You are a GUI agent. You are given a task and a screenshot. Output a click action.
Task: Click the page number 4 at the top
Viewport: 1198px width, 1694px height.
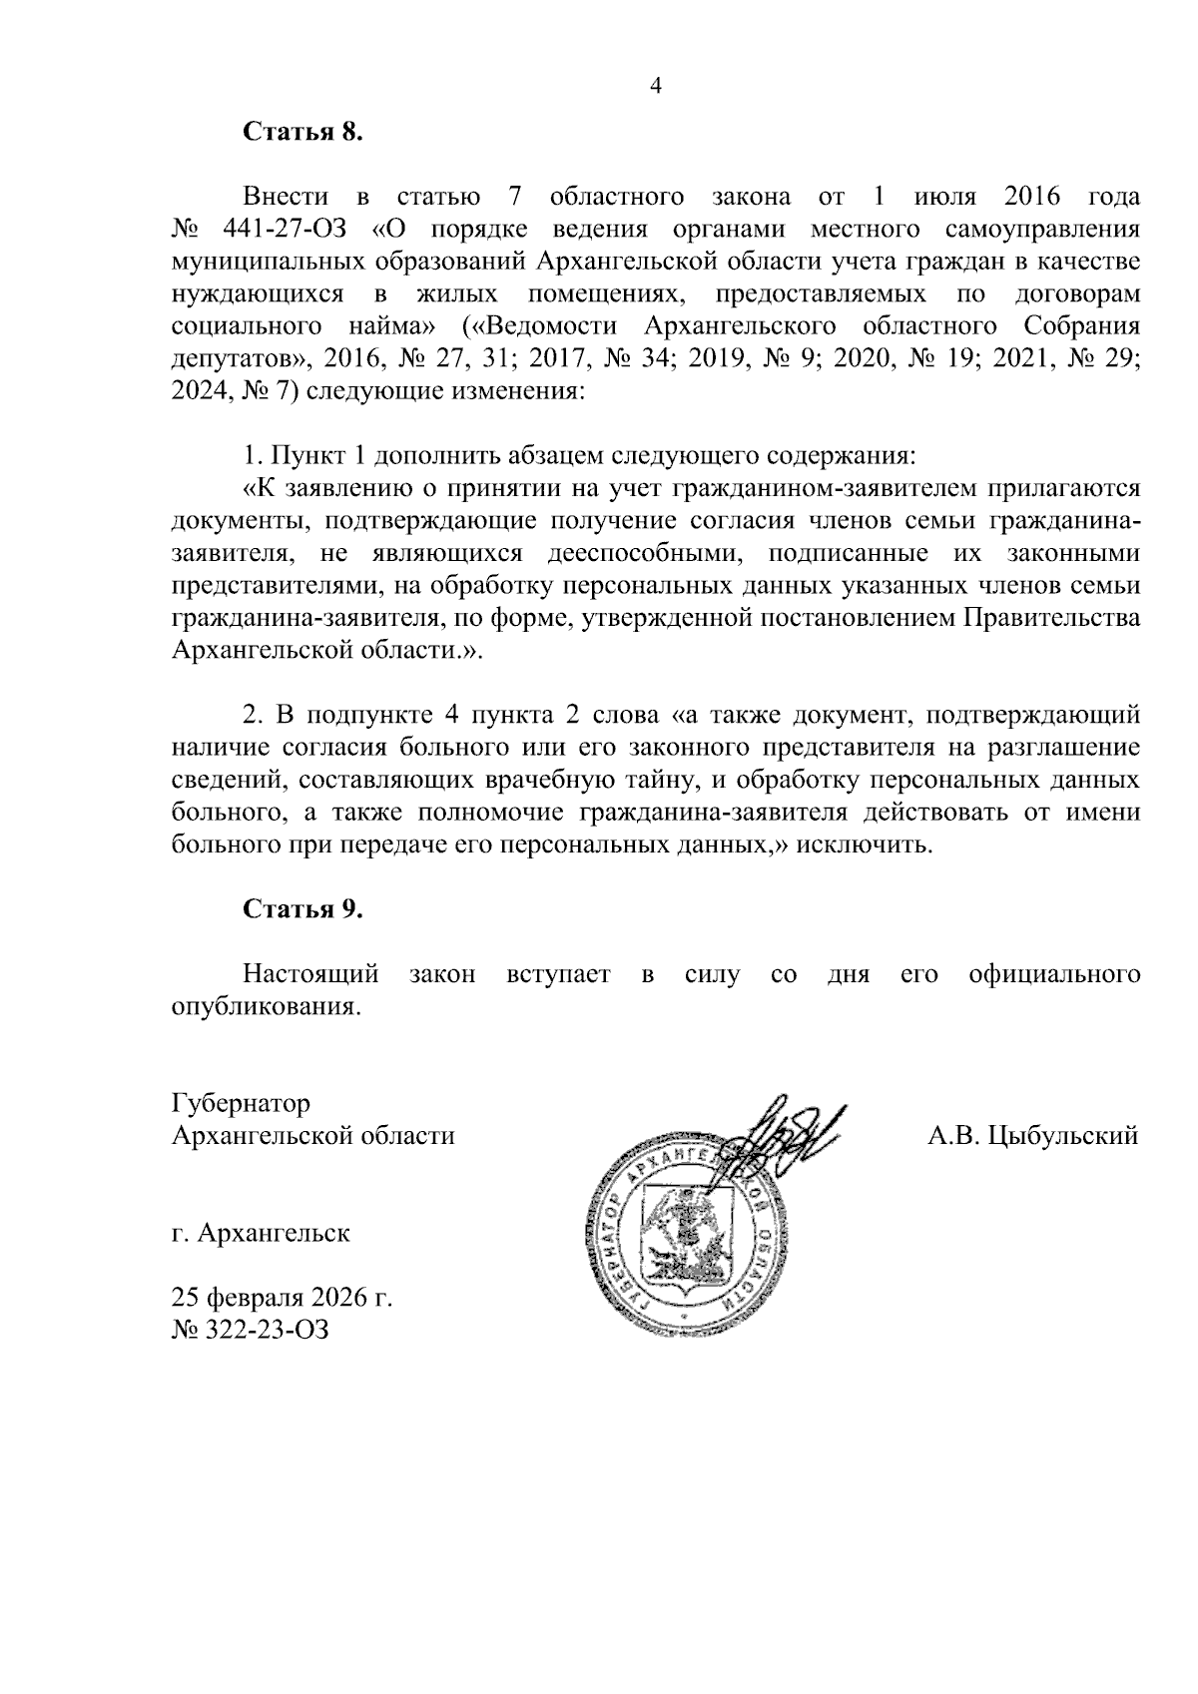click(x=656, y=86)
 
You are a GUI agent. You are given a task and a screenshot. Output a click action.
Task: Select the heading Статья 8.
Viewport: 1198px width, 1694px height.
click(x=300, y=132)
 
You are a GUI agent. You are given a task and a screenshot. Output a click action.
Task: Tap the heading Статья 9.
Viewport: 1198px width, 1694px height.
click(x=300, y=908)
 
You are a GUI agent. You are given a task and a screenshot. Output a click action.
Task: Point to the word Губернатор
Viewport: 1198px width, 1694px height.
click(x=241, y=1104)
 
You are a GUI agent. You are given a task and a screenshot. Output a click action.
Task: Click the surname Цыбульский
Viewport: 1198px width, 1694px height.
click(x=1061, y=1136)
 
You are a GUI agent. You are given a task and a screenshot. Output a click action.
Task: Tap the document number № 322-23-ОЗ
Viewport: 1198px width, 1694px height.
click(x=250, y=1330)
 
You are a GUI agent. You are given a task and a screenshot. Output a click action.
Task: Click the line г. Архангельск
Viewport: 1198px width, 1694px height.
click(x=261, y=1233)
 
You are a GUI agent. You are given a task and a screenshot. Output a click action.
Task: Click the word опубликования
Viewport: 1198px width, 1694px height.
click(x=265, y=1006)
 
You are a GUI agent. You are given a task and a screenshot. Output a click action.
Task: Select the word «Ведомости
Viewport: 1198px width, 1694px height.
click(x=545, y=326)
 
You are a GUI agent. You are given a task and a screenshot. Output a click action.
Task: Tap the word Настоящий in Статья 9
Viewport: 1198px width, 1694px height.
click(x=311, y=973)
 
